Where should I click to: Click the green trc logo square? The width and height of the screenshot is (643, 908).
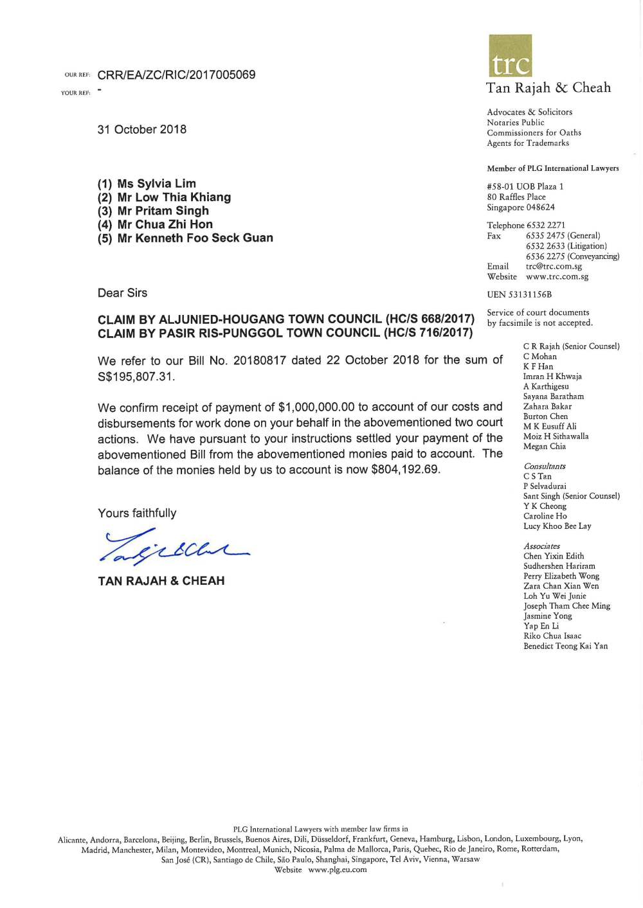tap(510, 55)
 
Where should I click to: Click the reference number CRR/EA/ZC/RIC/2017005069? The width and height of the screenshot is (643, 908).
tap(176, 75)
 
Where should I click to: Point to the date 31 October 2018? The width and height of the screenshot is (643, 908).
tap(142, 129)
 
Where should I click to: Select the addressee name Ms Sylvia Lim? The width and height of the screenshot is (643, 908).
tap(156, 184)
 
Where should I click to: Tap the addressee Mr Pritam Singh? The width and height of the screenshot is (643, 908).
tap(163, 211)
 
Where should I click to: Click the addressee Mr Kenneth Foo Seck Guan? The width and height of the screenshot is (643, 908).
tap(195, 238)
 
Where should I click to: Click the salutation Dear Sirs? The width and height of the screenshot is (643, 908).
tap(122, 293)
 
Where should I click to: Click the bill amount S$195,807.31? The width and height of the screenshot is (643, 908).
tap(136, 377)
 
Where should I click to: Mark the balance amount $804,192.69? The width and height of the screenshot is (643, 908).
tap(405, 470)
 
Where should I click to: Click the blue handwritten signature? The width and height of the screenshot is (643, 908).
tap(174, 546)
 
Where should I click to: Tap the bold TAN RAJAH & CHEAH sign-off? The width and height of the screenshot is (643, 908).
tap(161, 581)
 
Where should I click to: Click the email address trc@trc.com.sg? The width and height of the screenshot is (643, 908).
tap(554, 266)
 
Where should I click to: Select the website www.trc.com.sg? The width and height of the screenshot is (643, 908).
tap(557, 276)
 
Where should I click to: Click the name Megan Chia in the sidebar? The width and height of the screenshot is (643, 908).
tap(544, 447)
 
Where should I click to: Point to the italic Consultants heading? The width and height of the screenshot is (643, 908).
tap(544, 467)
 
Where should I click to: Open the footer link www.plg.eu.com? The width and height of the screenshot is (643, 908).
tap(337, 869)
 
